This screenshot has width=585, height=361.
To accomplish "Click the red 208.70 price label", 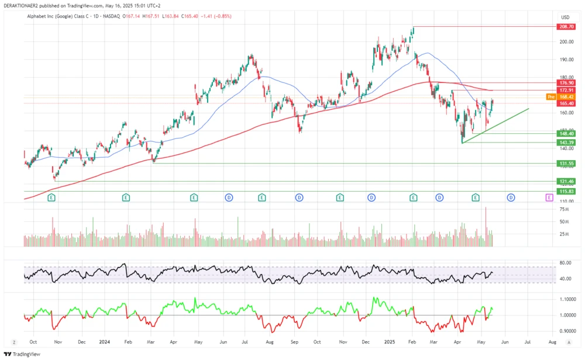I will click(x=567, y=27).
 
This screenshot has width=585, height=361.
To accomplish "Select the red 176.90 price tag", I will click(x=567, y=84).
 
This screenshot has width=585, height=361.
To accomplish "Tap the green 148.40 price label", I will click(x=567, y=134).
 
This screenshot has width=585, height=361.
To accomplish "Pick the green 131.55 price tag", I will click(x=567, y=164).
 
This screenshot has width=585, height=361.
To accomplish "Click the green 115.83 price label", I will click(x=567, y=192).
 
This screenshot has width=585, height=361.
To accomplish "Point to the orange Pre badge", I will click(x=550, y=96).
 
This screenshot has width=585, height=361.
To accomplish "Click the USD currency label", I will click(x=565, y=17).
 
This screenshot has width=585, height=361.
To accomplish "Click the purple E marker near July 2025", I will click(x=549, y=198).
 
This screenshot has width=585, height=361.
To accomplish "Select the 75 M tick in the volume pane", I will click(x=565, y=209).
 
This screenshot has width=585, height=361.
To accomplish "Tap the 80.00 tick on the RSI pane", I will click(x=565, y=263).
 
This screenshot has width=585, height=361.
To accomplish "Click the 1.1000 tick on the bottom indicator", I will click(x=566, y=299).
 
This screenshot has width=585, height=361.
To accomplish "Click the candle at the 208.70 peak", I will click(x=413, y=30).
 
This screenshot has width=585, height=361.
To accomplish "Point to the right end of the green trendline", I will click(x=529, y=109).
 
